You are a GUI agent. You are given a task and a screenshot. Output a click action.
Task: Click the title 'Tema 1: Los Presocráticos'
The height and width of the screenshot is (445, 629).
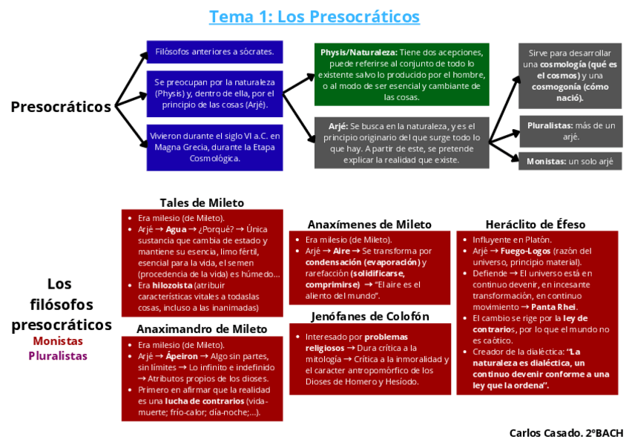314,16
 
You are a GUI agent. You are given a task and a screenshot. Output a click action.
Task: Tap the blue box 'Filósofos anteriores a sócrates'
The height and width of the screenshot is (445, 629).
214,52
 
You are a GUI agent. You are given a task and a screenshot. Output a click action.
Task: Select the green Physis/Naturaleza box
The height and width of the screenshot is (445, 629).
402,74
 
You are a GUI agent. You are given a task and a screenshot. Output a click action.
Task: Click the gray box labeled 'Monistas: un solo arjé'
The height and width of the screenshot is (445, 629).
570,161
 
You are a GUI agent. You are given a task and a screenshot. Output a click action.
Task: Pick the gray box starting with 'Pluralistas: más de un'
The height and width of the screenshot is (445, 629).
570,131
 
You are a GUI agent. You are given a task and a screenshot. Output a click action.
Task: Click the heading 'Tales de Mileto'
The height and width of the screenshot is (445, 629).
202,202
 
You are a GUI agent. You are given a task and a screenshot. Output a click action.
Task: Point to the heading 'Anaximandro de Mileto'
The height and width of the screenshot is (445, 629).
202,329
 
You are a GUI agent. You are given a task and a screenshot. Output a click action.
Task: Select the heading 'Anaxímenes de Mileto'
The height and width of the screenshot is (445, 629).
369,224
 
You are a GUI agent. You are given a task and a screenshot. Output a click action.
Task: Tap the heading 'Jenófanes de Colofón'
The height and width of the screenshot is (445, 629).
369,317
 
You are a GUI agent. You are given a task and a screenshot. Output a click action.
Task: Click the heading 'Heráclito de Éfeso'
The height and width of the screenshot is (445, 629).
536,224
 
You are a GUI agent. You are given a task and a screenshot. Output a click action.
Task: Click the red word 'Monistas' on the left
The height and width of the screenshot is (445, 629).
58,341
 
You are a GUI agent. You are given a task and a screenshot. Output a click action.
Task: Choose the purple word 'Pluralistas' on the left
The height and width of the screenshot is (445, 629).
58,355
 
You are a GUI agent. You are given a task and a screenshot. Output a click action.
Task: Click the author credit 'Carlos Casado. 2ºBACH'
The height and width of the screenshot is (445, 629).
566,432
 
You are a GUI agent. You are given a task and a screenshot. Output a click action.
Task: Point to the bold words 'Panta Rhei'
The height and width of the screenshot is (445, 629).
553,307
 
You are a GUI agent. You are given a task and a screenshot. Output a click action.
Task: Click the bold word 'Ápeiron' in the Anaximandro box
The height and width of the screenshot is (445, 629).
182,356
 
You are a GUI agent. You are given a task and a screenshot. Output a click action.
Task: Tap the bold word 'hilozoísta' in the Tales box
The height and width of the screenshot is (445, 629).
172,285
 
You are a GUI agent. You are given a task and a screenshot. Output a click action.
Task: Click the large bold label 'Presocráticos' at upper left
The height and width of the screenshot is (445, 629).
61,106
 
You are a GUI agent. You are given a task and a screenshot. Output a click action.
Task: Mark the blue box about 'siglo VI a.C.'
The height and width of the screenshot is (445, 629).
214,147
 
